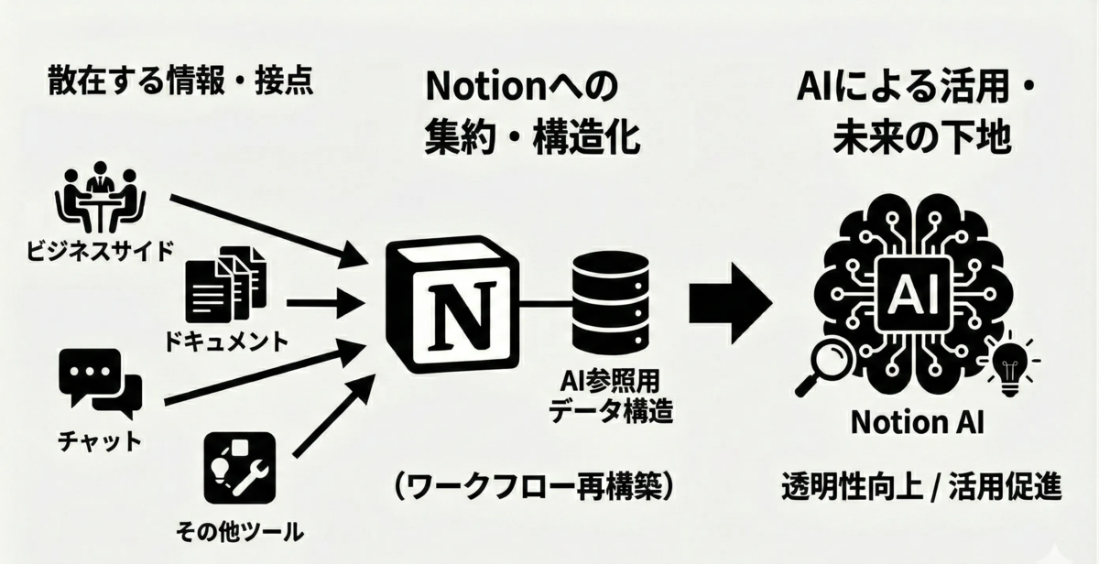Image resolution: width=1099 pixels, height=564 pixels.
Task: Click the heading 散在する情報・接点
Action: click(x=180, y=82)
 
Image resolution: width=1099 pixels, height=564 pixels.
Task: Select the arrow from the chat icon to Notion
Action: click(x=266, y=374)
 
